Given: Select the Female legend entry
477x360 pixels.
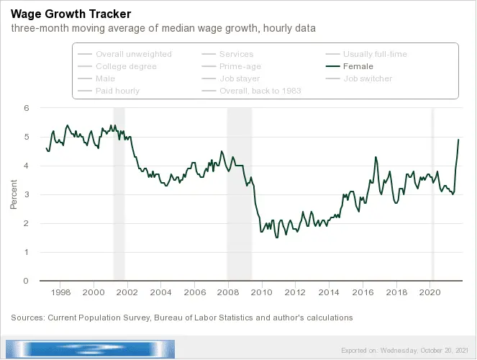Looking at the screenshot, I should pyautogui.click(x=358, y=66).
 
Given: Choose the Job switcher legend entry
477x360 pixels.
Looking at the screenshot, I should pyautogui.click(x=368, y=78).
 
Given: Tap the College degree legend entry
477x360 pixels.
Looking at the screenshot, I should pyautogui.click(x=126, y=66).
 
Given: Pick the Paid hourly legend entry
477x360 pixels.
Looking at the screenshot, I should pyautogui.click(x=117, y=91).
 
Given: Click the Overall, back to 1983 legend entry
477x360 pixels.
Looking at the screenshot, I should pyautogui.click(x=260, y=91).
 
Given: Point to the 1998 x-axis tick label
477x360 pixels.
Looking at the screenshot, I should pyautogui.click(x=60, y=293).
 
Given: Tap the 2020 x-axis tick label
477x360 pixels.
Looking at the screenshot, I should pyautogui.click(x=430, y=293).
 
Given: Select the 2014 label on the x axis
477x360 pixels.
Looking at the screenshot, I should pyautogui.click(x=329, y=293).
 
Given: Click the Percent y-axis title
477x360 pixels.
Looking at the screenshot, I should pyautogui.click(x=13, y=194).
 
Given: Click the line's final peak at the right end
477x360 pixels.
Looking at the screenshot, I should pyautogui.click(x=458, y=140).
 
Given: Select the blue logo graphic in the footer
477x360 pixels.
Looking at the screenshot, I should pyautogui.click(x=90, y=349).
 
